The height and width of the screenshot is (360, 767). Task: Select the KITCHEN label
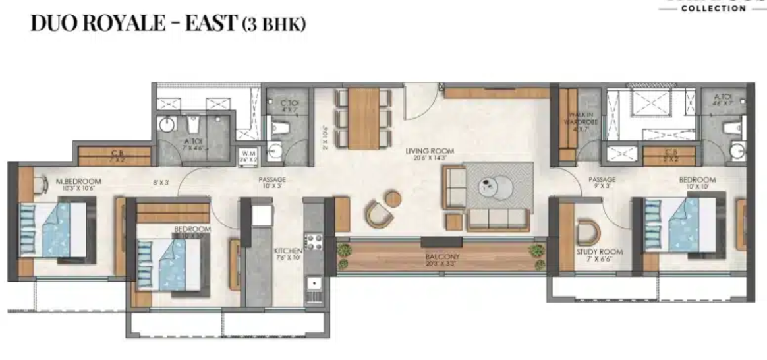coord(288,251)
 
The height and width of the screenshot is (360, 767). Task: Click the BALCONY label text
coord(441,256)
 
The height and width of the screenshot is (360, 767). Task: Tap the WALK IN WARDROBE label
coord(582,121)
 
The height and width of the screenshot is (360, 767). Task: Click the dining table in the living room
coord(364,117)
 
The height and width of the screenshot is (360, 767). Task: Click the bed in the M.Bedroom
coord(57,230)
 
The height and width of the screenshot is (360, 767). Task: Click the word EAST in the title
coord(204,23)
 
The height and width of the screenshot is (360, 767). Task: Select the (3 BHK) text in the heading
coord(273,24)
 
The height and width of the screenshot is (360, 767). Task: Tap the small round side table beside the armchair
coord(393,197)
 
